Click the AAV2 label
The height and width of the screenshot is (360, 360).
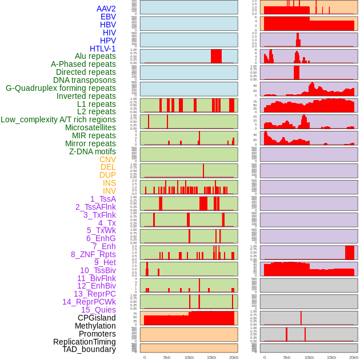[106, 9]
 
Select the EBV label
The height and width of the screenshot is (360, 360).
[107, 17]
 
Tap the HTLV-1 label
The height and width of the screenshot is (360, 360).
[102, 49]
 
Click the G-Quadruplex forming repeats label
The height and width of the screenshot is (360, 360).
[61, 88]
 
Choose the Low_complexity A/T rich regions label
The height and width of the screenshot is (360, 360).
[58, 119]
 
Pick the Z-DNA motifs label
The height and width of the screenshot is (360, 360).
[92, 151]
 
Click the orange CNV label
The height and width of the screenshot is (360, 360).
[107, 159]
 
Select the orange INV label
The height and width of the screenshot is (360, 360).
[109, 191]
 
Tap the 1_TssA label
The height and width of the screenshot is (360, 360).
[103, 199]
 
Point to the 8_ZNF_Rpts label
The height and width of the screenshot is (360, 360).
[93, 254]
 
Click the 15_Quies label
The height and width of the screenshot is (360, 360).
[98, 310]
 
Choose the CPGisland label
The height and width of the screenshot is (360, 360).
[97, 318]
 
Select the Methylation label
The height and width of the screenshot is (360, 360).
[95, 326]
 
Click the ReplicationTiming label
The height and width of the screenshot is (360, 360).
[84, 342]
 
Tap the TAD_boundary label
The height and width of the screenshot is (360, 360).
[89, 349]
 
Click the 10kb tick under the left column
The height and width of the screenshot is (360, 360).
[189, 357]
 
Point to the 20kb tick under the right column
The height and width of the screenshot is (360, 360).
[354, 357]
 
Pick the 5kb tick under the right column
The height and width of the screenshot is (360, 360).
[286, 357]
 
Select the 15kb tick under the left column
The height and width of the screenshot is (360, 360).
[211, 357]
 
